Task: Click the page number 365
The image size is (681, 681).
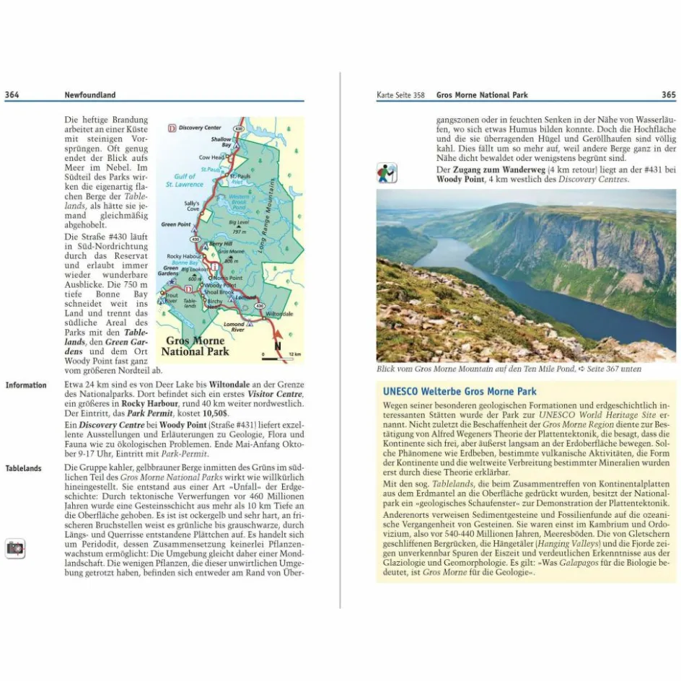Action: (668, 95)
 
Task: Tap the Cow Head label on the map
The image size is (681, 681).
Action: (211, 157)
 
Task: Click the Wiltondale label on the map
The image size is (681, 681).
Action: (279, 315)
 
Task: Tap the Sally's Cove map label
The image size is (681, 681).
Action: (192, 206)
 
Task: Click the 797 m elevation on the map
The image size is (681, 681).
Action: (239, 232)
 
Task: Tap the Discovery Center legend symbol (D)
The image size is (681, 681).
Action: (172, 128)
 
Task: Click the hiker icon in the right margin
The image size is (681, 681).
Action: (387, 173)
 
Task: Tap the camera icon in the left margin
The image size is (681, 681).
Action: (14, 548)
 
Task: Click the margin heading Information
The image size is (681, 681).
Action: (26, 385)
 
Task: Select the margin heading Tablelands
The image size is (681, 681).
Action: (24, 469)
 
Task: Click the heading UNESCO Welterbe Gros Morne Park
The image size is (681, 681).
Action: (460, 392)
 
